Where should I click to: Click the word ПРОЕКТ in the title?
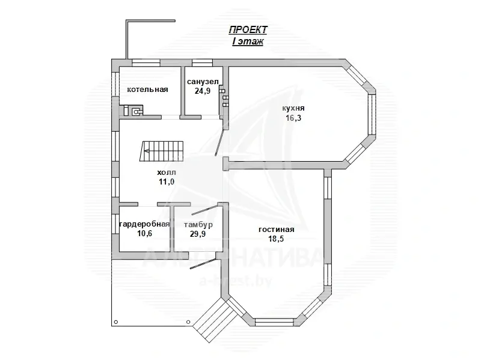coord(248,30)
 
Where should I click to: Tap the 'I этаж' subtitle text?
coord(248,41)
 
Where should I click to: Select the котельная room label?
coord(147,90)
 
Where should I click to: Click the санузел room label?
coord(203,82)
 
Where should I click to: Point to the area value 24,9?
coord(203,91)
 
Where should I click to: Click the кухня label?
coord(293,109)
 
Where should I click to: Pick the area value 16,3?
coord(293,118)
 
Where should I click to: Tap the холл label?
coord(167,172)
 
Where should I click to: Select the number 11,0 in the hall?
coord(167,182)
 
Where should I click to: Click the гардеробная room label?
coord(144,224)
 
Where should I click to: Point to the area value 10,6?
coord(144,234)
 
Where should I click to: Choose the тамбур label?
coord(198,225)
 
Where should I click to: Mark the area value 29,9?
coord(198,234)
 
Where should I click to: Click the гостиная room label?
coord(277,230)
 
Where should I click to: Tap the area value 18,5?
coord(276,239)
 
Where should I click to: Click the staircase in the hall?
coord(162,151)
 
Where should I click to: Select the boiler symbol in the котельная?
coord(136,111)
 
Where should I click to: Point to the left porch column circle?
coord(116,322)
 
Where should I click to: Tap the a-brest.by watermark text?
coord(235,281)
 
